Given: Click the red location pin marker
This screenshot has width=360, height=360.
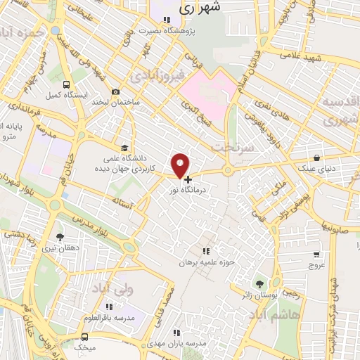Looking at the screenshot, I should coord(180,165).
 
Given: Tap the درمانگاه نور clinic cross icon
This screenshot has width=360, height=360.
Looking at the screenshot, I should coord(188,179).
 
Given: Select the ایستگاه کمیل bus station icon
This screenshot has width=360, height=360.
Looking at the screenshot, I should coord(65,83).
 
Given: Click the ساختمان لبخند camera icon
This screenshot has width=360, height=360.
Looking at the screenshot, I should coord(115,92).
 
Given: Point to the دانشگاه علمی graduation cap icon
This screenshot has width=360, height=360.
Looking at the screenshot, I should coord(124,148).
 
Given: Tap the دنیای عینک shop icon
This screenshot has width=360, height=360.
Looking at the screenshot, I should coord(317,157).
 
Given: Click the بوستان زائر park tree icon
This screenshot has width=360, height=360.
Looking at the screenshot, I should coord(261,283).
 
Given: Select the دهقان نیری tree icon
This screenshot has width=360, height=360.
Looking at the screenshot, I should coord(59,238).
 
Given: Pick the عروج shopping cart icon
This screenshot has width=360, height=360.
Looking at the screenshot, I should coord(316,255).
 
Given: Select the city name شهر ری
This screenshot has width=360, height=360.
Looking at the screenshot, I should coord(200,8).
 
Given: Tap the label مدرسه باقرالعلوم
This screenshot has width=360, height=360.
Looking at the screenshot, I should coord(113,318).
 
